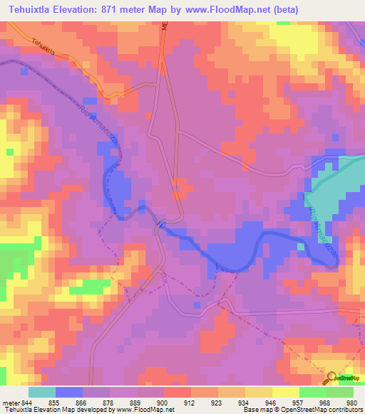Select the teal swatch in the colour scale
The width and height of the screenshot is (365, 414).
(x=42, y=392)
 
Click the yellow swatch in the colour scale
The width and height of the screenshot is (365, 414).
(x=285, y=392)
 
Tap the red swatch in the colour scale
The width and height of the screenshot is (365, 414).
(x=177, y=392)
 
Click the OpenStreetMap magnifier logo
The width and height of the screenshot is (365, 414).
(x=331, y=377)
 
